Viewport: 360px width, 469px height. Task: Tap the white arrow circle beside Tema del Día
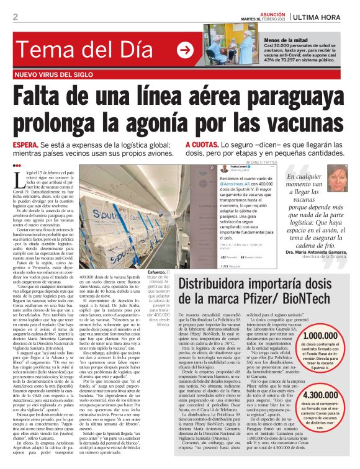[x=184, y=50]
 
